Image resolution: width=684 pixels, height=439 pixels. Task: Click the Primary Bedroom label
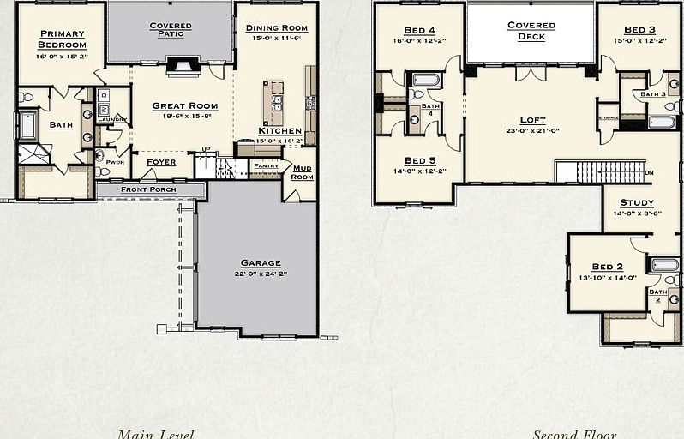pyautogui.click(x=63, y=39)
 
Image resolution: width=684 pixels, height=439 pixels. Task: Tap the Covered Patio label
pyautogui.click(x=171, y=31)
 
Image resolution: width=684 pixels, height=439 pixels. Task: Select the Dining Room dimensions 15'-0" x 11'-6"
pyautogui.click(x=276, y=39)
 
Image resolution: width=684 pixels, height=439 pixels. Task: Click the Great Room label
pyautogui.click(x=184, y=106)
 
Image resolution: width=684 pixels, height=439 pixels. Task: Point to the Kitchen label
pyautogui.click(x=279, y=131)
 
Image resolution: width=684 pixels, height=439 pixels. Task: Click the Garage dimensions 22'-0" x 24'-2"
pyautogui.click(x=260, y=274)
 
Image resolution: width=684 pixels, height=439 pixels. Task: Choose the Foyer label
pyautogui.click(x=160, y=161)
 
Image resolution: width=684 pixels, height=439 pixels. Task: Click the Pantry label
pyautogui.click(x=266, y=165)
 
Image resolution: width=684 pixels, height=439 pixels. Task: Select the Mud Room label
pyautogui.click(x=302, y=172)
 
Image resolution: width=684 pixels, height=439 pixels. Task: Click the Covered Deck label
pyautogui.click(x=531, y=31)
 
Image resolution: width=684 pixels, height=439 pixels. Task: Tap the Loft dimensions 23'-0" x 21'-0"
pyautogui.click(x=532, y=130)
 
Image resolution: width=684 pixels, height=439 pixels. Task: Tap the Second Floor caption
pyautogui.click(x=574, y=434)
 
